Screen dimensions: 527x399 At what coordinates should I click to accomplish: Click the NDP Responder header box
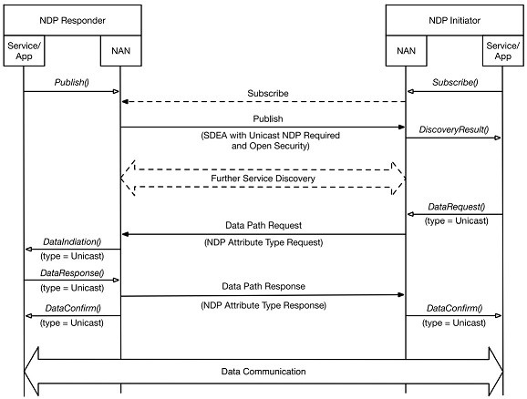[x=73, y=20]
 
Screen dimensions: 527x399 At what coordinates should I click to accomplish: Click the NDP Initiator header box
[x=454, y=20]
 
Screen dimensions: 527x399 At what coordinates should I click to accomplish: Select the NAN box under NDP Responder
[x=121, y=51]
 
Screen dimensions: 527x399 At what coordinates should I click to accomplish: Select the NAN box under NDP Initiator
[x=406, y=51]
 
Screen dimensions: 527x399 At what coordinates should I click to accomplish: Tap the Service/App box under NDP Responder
[x=24, y=51]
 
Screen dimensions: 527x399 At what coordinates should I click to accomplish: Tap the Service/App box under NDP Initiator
[x=502, y=51]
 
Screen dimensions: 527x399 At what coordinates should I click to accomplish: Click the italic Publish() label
[x=72, y=82]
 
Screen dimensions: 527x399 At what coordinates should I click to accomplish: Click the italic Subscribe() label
[x=455, y=82]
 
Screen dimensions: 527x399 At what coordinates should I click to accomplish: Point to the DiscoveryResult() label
[x=454, y=129]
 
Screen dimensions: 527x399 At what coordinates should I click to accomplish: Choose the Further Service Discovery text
[x=263, y=179]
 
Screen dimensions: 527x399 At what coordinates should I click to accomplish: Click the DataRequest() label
[x=457, y=207]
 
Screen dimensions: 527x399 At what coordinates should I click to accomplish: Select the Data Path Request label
[x=263, y=225]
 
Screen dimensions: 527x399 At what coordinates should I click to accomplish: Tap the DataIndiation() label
[x=72, y=241]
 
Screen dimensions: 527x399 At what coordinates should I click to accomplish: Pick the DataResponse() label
[x=72, y=272]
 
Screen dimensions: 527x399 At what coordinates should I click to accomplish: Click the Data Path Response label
[x=263, y=286]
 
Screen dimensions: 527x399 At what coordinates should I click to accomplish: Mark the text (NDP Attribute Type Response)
[x=263, y=305]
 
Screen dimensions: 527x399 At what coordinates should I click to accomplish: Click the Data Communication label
[x=263, y=372]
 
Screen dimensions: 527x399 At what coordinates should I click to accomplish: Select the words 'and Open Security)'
[x=271, y=146]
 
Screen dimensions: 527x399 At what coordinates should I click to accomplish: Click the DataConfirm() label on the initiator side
[x=454, y=308]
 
